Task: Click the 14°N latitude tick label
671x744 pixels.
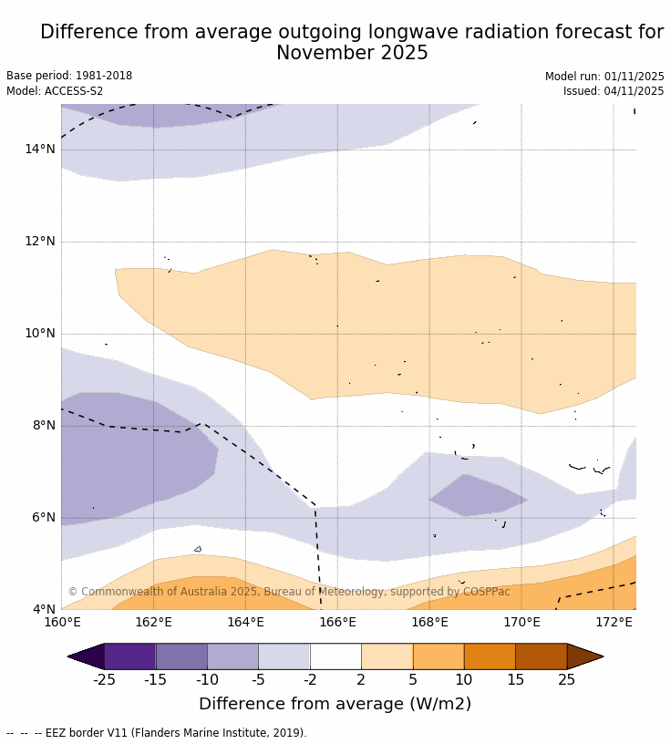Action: [x=40, y=150]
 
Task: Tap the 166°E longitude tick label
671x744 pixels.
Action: [x=337, y=623]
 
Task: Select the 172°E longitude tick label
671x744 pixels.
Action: [x=614, y=623]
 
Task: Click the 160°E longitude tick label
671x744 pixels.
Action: [x=62, y=623]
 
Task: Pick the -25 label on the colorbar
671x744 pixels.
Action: [x=105, y=679]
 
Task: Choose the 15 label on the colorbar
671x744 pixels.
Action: [x=515, y=679]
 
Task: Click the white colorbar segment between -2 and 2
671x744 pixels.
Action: [x=335, y=656]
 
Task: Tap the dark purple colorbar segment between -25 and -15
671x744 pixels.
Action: [x=129, y=656]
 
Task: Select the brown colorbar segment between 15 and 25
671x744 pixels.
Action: [x=541, y=656]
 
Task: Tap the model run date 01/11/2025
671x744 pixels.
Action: [x=633, y=77]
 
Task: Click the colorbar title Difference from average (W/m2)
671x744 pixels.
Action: [x=335, y=704]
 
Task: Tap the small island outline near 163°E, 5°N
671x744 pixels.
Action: [x=198, y=549]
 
